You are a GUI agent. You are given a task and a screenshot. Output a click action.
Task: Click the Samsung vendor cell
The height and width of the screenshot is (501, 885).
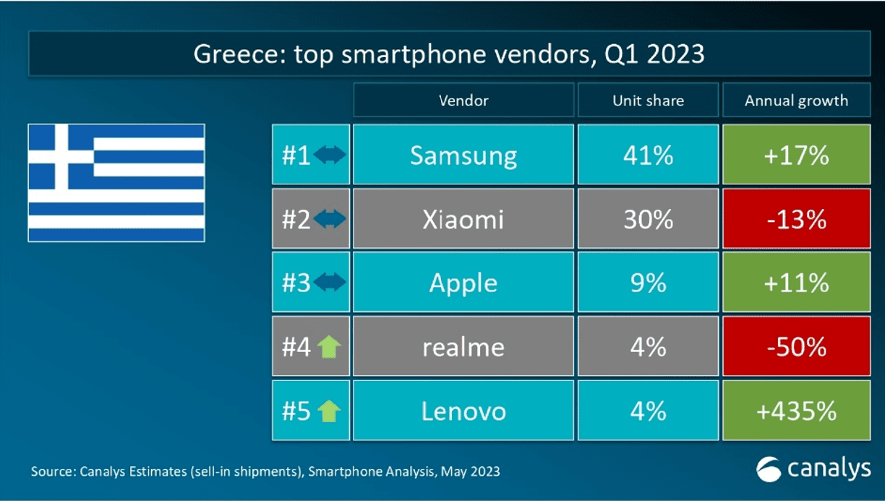[463, 155]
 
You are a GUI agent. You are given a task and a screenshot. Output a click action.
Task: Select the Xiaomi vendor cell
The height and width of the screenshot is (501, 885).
[463, 219]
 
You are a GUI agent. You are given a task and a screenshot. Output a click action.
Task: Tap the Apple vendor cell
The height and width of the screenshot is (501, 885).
[463, 283]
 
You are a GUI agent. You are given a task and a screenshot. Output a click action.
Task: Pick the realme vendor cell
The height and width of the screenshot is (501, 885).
[463, 347]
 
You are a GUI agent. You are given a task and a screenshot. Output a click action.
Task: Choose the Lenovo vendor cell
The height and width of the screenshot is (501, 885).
[463, 411]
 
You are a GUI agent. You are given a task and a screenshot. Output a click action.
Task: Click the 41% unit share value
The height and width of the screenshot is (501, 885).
[648, 155]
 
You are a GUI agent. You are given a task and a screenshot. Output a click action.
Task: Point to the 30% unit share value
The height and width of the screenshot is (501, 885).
[648, 219]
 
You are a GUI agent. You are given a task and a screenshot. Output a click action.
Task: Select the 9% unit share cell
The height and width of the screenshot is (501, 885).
[648, 283]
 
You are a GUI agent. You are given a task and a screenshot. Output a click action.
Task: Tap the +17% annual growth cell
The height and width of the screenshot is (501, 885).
[796, 155]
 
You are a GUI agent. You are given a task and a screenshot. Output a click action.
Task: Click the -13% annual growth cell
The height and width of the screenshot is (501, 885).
[796, 219]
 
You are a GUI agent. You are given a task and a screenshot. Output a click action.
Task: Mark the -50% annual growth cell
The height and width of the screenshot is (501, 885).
[796, 347]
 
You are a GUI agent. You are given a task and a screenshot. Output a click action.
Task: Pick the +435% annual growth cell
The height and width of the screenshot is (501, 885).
[796, 411]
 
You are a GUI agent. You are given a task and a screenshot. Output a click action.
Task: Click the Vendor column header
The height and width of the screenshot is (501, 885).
[463, 100]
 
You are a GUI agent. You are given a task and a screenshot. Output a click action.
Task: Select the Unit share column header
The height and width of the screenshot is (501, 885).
[648, 100]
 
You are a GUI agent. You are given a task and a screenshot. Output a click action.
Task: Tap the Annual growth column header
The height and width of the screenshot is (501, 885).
[796, 100]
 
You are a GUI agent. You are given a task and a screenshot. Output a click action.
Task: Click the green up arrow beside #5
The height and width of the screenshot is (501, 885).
[329, 411]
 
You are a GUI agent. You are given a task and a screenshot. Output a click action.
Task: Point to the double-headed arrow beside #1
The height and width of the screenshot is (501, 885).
[330, 155]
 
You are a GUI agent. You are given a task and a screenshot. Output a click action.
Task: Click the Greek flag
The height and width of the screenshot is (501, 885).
[116, 182]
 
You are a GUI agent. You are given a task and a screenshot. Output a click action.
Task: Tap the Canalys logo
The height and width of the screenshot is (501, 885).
[813, 469]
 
